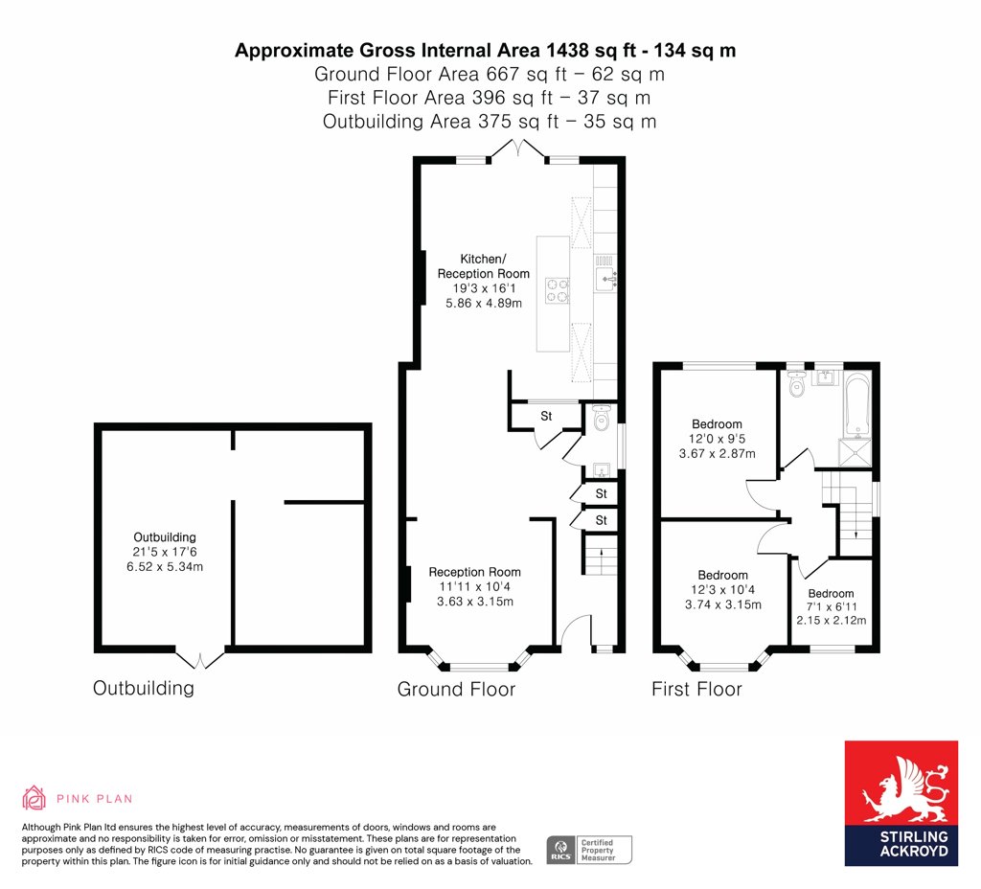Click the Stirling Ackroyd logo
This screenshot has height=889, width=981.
pos(901,803)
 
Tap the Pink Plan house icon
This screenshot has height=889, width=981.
pos(34,798)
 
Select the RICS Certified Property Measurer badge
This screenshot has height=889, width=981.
pos(589,851)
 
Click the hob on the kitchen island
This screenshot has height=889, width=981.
pos(558,291)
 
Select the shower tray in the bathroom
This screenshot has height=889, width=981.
pos(855,452)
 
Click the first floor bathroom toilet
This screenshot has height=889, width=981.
pos(796,383)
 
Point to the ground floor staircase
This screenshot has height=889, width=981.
pos(601,554)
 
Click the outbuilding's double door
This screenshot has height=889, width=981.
pos(199,659)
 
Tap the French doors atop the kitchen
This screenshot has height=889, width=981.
pos(516,150)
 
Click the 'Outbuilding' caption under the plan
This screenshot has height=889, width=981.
pos(144,688)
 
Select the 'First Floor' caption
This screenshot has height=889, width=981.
pos(696,689)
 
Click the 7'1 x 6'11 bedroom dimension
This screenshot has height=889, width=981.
pos(832,606)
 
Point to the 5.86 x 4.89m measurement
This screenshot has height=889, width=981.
pos(484,304)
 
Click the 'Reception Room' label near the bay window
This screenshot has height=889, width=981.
pos(475,572)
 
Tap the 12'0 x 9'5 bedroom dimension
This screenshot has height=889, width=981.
pos(717,439)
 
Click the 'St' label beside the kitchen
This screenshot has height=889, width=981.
pos(546,416)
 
